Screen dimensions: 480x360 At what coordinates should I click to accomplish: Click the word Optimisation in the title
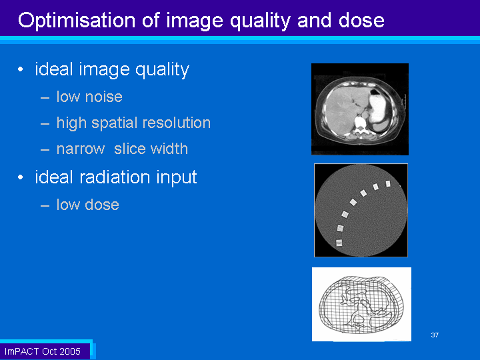pos(77,21)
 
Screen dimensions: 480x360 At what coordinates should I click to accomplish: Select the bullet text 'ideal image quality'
pos(112,69)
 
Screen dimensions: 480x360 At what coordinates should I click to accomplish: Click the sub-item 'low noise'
pos(89,97)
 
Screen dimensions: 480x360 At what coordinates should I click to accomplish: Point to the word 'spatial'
pos(115,123)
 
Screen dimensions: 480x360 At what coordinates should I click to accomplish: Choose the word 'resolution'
pos(177,123)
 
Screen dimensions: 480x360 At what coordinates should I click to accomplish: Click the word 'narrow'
pos(81,149)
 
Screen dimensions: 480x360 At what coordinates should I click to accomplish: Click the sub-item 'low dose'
pos(87,205)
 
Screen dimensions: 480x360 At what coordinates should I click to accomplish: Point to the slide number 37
pos(435,335)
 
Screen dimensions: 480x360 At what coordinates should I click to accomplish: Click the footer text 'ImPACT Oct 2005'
pos(42,351)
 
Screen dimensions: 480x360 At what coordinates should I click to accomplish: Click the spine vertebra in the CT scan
pos(361,125)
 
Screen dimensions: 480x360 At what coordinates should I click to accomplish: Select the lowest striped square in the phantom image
pos(339,243)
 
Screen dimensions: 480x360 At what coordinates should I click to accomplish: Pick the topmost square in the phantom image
pos(388,184)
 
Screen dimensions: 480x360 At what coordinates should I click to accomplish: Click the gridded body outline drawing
pos(361,305)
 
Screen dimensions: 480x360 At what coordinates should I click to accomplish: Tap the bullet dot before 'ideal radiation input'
pos(21,177)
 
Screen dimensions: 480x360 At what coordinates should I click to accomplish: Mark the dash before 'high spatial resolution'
pos(45,124)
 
